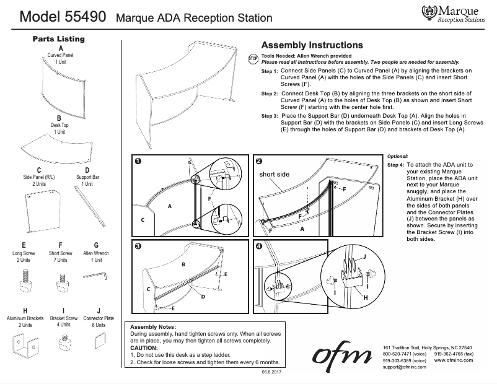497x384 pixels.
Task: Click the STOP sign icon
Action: (252, 59)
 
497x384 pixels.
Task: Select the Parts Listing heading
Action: (58, 38)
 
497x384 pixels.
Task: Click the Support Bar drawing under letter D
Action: (87, 204)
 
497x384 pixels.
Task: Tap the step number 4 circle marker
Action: (258, 247)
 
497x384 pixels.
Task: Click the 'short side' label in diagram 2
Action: (275, 175)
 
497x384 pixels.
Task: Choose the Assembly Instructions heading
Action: (312, 45)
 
